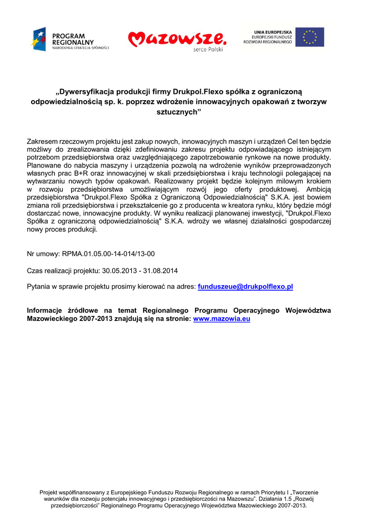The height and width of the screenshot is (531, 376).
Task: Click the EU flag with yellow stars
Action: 310,37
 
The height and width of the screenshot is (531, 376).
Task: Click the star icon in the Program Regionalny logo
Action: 39,39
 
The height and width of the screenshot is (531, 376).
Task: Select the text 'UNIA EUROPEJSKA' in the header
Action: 273,32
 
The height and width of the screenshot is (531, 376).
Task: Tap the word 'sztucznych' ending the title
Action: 176,112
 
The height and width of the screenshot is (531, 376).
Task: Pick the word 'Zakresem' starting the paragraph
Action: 42,141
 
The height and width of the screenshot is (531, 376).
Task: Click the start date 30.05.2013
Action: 120,270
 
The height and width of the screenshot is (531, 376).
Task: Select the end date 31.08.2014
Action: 161,270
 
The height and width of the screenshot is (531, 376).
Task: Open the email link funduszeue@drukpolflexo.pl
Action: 246,286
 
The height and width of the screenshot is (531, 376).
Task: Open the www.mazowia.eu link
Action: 221,319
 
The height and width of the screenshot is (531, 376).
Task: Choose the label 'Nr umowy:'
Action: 43,254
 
